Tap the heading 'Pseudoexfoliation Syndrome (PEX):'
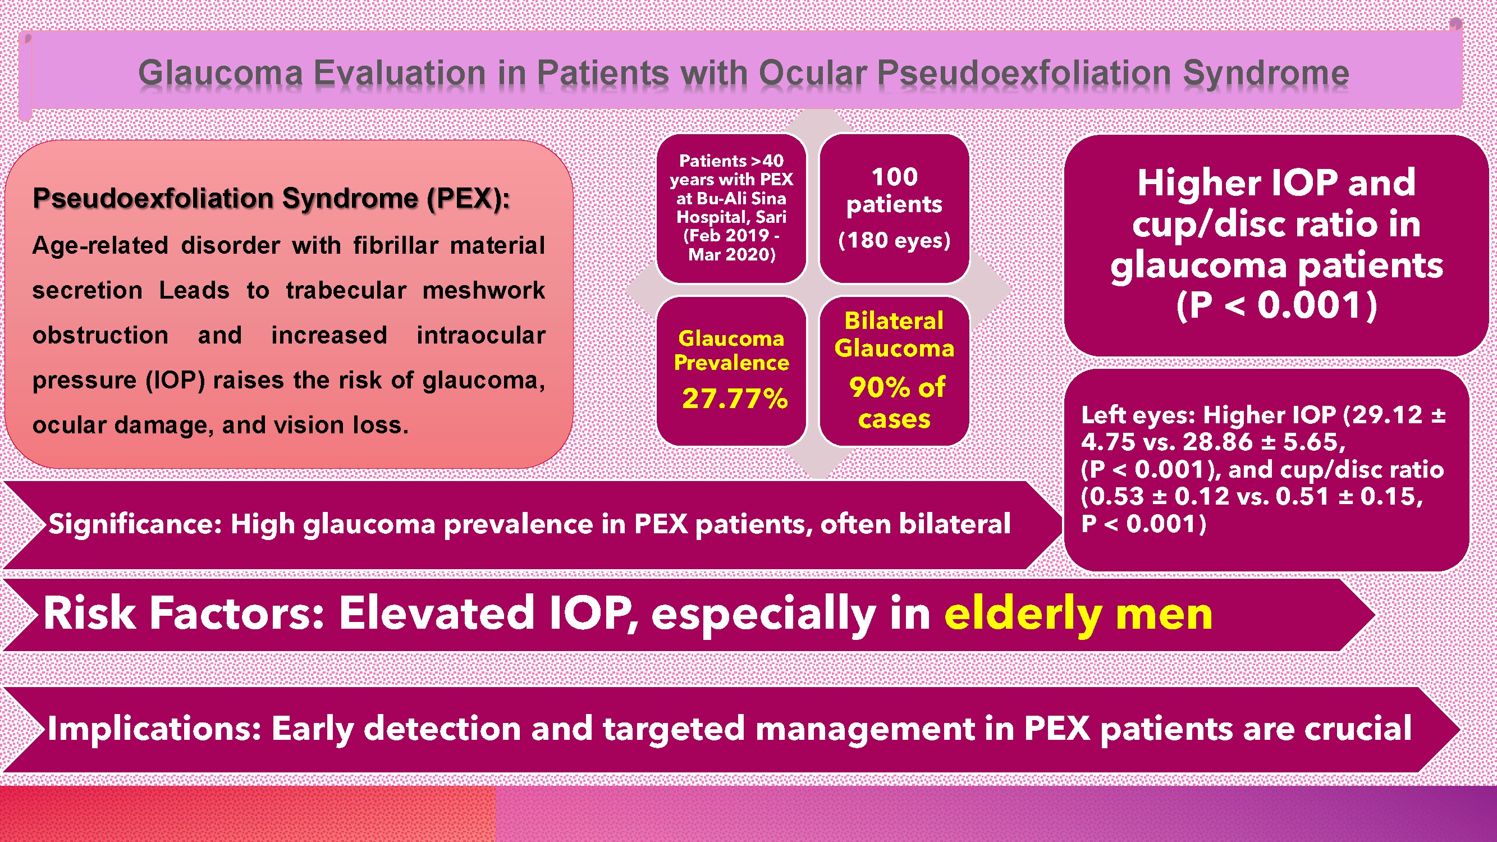coord(271,199)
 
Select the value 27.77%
coord(735,399)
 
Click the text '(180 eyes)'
coord(894,240)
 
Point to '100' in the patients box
coord(894,177)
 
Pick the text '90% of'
coord(897,387)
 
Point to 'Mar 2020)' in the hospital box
coord(731,254)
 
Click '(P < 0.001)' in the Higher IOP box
coord(1277,306)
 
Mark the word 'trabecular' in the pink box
coord(346,290)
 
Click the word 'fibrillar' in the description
coord(395,245)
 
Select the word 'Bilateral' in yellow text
coord(894,321)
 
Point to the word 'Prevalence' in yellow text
coord(731,363)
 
